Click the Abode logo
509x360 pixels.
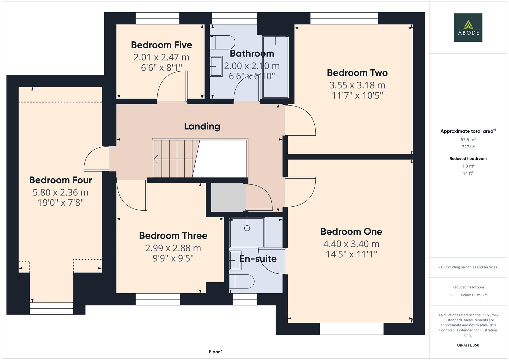[x=468, y=27]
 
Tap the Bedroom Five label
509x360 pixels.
[x=162, y=45]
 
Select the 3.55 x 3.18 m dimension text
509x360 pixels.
[x=357, y=85]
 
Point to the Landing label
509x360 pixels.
[x=202, y=126]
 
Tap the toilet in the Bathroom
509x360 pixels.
[x=223, y=42]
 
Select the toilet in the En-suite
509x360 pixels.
[x=242, y=281]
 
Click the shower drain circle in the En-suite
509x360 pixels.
[x=247, y=228]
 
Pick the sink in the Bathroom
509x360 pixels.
[x=216, y=66]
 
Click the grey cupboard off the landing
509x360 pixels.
[x=228, y=197]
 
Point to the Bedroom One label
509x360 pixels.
[x=351, y=232]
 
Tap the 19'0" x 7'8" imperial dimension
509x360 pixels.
[x=61, y=203]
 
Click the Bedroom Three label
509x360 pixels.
[x=173, y=236]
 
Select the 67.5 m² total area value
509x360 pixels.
[x=468, y=140]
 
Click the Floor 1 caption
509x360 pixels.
[x=216, y=352]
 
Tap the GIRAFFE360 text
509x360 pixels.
[x=468, y=345]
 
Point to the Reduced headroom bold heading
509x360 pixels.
[x=468, y=159]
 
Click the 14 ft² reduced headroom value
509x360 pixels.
[x=468, y=173]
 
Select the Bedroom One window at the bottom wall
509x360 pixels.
[x=352, y=329]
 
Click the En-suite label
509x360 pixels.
[x=258, y=259]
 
